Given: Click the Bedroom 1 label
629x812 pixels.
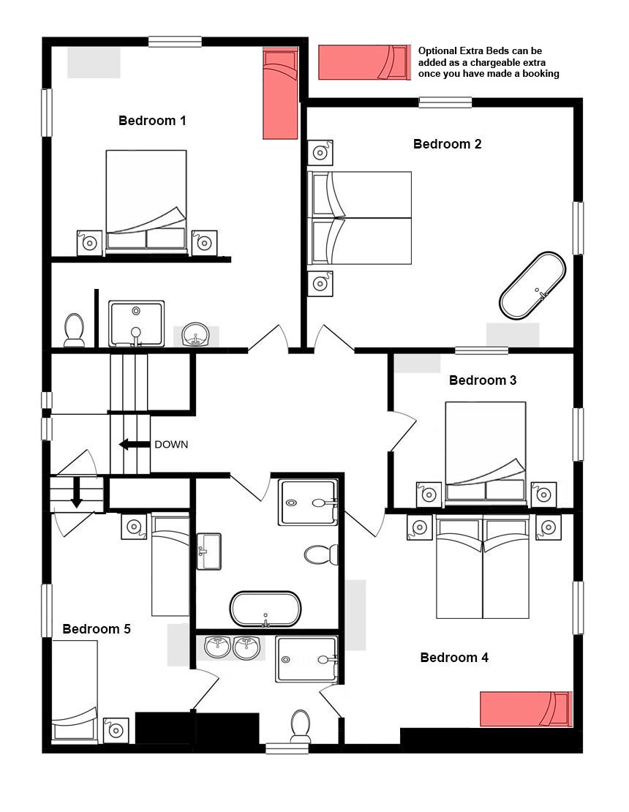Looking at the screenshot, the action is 152,121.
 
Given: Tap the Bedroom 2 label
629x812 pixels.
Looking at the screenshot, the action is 448,144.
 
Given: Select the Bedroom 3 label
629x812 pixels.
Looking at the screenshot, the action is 483,380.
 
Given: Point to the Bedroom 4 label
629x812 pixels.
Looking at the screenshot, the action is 454,658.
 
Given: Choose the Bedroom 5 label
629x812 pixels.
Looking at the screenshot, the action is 97,628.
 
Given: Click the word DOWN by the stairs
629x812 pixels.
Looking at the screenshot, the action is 171,444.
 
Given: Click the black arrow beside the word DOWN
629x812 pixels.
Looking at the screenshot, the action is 132,444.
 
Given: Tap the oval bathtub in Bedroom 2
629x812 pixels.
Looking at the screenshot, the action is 532,285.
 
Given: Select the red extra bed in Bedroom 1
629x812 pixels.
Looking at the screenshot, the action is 280,94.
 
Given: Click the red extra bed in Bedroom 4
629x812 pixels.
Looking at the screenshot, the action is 526,709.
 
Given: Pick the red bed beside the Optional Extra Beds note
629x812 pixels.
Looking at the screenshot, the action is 364,62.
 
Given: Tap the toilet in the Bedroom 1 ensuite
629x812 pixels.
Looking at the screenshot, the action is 74,330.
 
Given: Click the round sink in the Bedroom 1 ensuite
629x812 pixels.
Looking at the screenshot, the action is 196,334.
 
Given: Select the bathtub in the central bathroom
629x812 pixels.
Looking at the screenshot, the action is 265,609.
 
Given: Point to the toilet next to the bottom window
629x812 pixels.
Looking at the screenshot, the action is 301,726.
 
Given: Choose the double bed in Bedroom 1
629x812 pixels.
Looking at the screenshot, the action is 146,201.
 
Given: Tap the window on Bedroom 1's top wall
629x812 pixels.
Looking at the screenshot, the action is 175,42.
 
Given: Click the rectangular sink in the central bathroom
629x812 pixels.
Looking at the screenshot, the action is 209,552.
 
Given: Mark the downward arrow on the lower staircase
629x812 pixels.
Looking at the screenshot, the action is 77,492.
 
